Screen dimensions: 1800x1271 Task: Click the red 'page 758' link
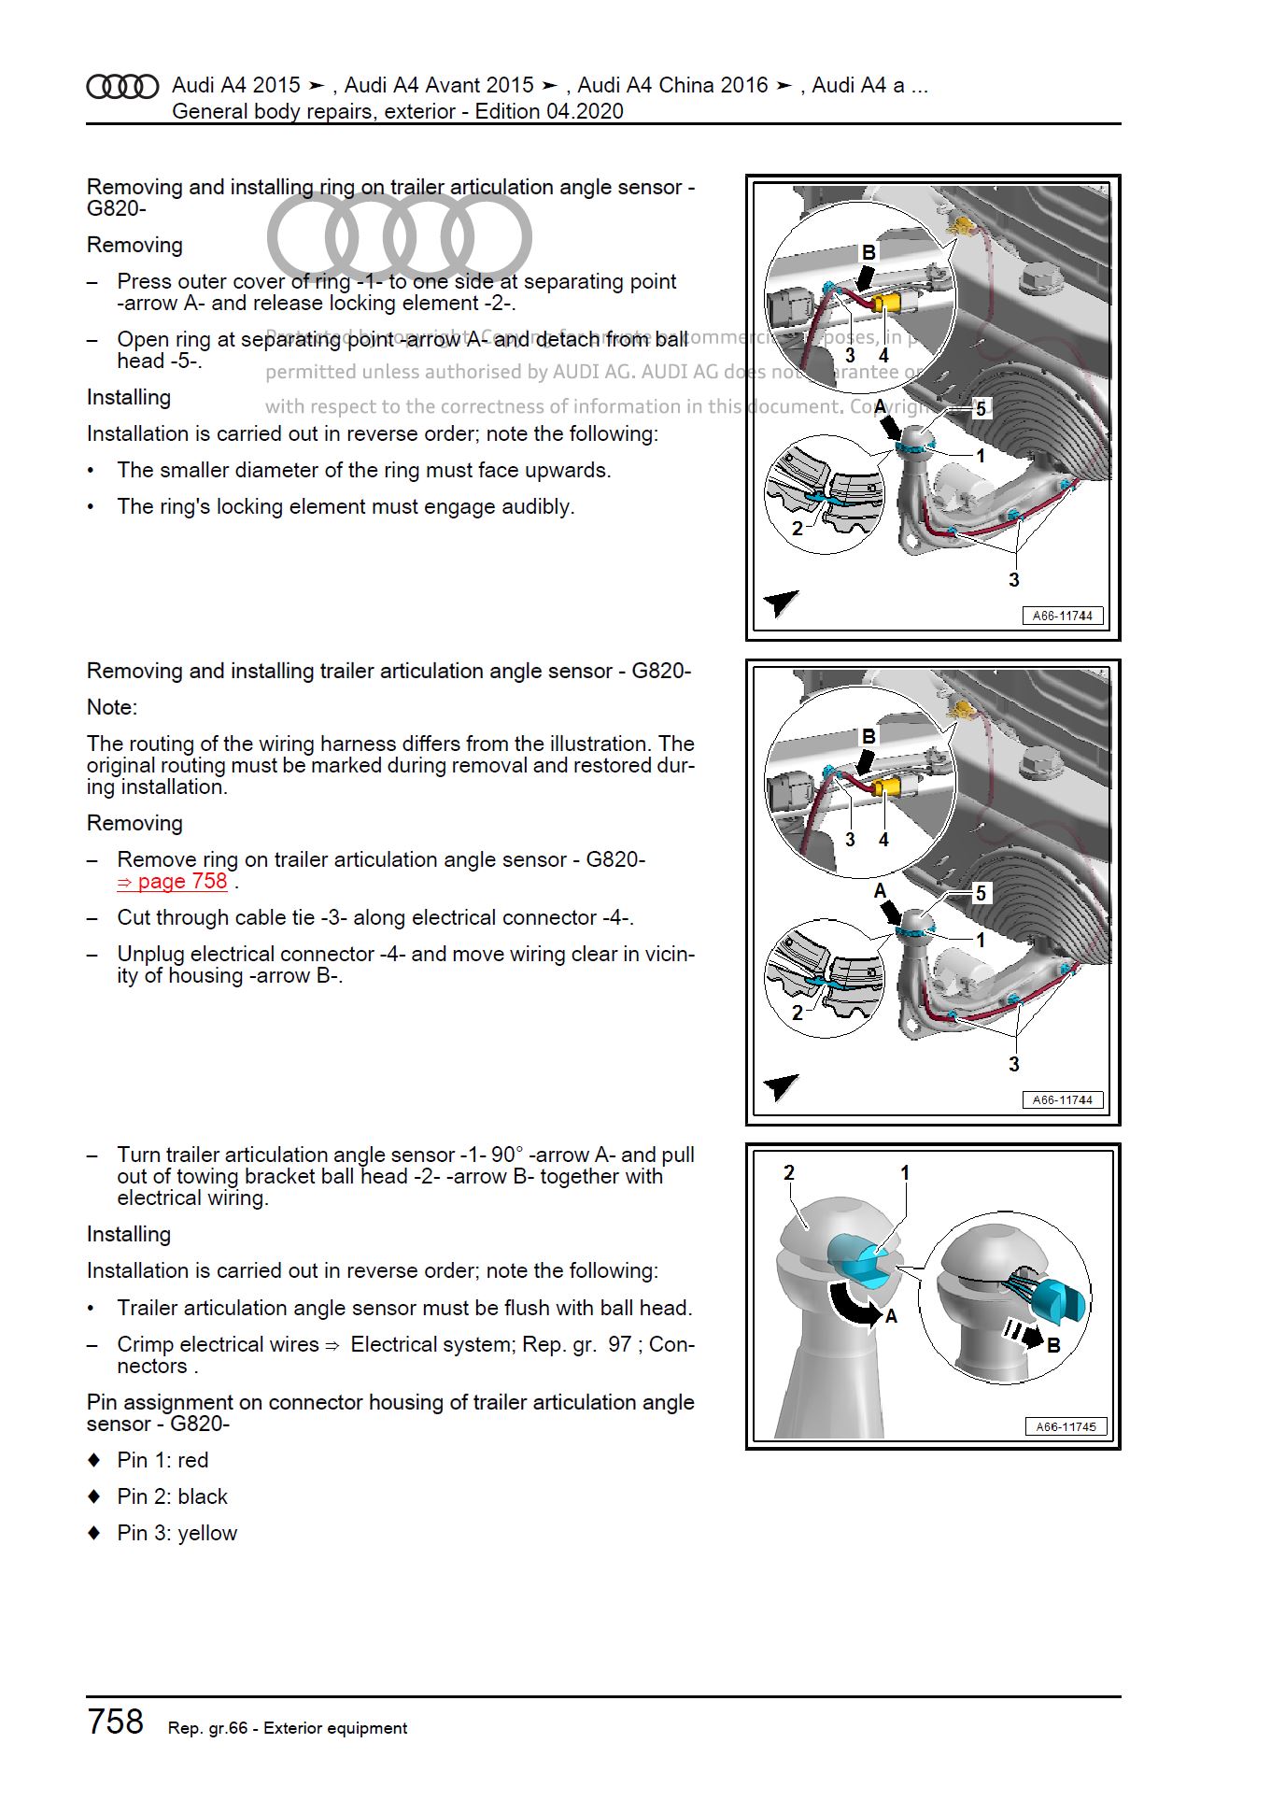pyautogui.click(x=173, y=882)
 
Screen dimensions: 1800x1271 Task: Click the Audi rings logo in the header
pyautogui.click(x=122, y=87)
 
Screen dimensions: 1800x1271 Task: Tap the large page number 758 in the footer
pyautogui.click(x=116, y=1721)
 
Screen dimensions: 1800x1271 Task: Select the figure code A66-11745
pyautogui.click(x=1066, y=1426)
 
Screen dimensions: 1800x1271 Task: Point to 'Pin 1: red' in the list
pyautogui.click(x=162, y=1460)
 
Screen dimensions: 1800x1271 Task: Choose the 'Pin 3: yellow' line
pyautogui.click(x=177, y=1533)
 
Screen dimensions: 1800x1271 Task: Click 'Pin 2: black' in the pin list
pyautogui.click(x=172, y=1496)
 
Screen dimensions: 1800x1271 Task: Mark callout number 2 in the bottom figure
pyautogui.click(x=789, y=1172)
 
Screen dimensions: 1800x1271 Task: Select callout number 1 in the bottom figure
pyautogui.click(x=904, y=1172)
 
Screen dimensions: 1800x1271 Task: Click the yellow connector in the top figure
pyautogui.click(x=887, y=305)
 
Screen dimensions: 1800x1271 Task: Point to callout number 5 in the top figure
pyautogui.click(x=981, y=408)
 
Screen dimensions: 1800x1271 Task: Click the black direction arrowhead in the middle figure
pyautogui.click(x=781, y=1087)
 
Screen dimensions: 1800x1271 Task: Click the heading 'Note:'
pyautogui.click(x=112, y=707)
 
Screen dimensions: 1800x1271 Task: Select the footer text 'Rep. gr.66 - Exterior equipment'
pyautogui.click(x=288, y=1728)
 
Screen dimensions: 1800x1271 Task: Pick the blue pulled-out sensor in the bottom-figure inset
pyautogui.click(x=1066, y=1299)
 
